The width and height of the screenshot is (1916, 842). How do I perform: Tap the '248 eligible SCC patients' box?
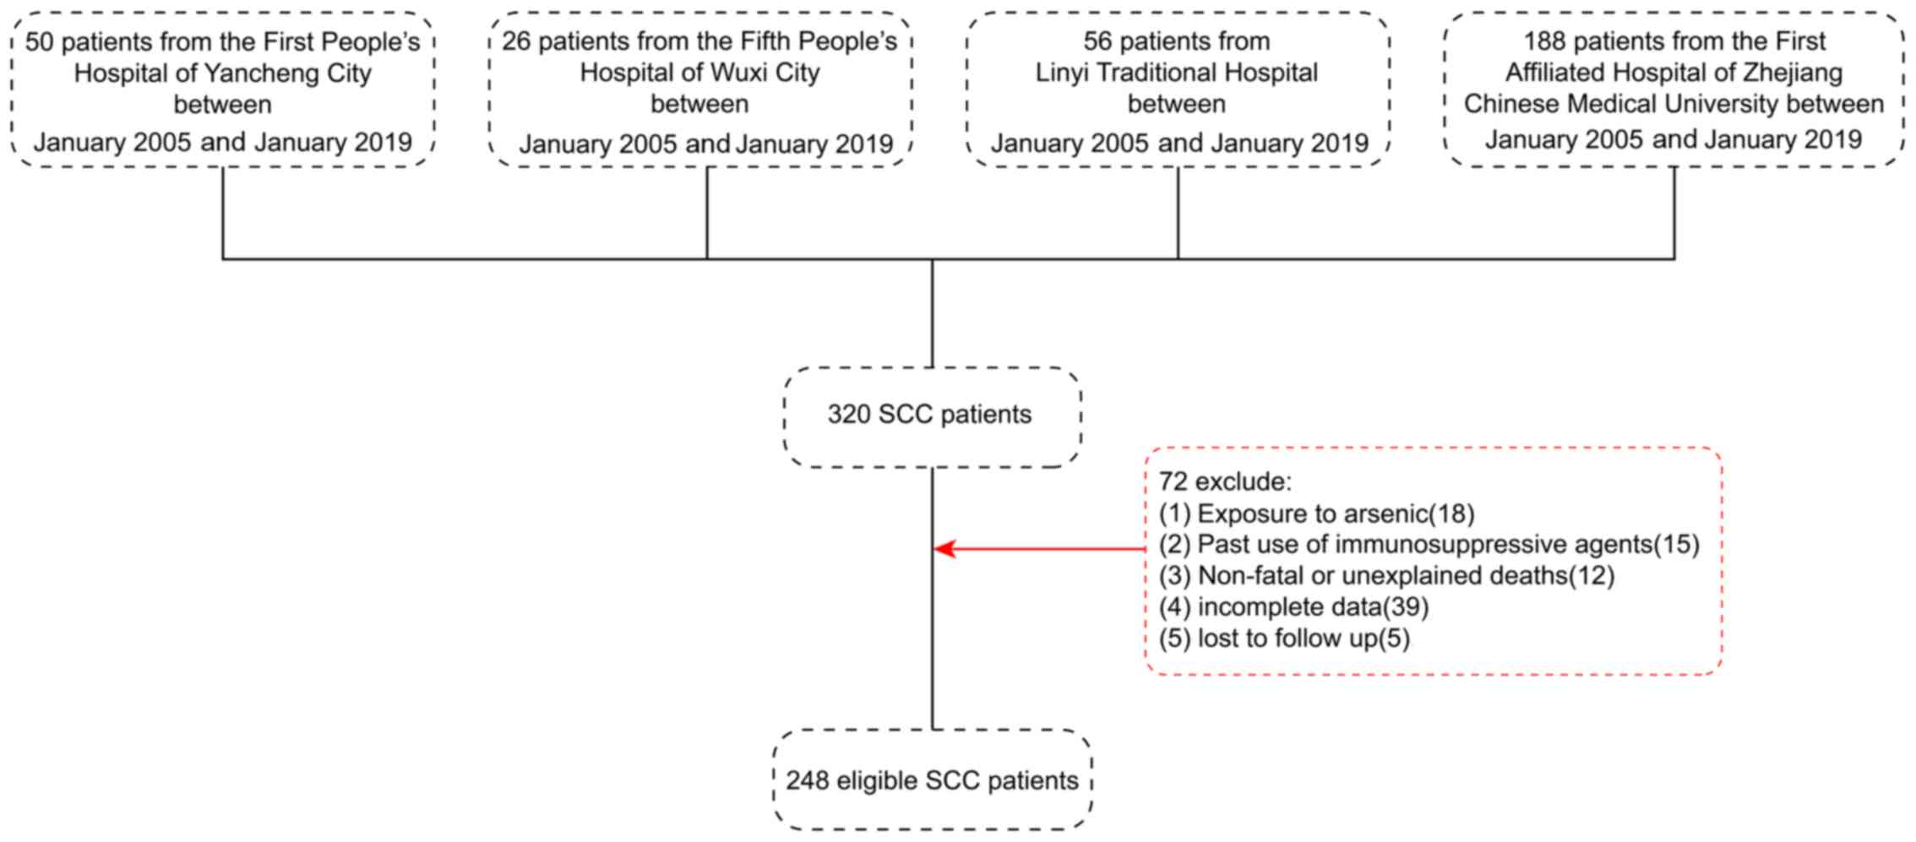(932, 780)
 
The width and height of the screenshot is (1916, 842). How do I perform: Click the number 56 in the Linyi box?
(1097, 41)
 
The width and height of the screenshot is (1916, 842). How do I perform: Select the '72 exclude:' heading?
(1225, 482)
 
